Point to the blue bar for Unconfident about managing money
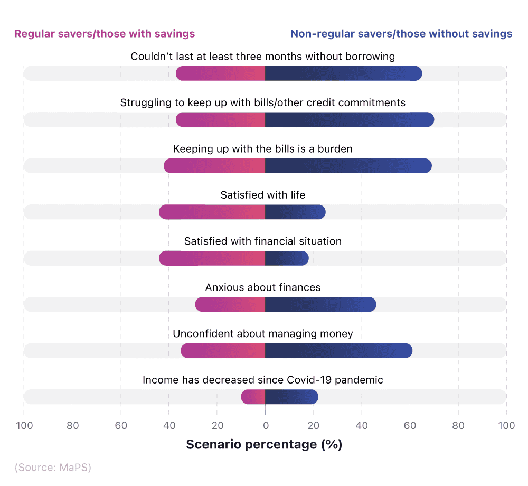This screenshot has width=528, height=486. click(338, 351)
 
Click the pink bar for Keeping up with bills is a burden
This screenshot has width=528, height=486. click(214, 166)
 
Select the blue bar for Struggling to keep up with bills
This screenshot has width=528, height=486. click(349, 120)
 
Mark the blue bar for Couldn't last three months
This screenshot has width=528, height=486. click(343, 73)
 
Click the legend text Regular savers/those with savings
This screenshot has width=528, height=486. click(105, 34)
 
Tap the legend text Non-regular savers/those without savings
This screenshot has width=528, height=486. click(401, 34)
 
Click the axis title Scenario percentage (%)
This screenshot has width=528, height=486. click(264, 445)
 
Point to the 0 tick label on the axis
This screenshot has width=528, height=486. click(265, 426)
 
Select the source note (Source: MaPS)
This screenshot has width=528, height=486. click(53, 468)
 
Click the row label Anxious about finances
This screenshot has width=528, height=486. click(263, 287)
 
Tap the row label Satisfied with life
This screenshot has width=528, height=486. click(263, 195)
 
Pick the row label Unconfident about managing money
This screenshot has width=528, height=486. click(263, 333)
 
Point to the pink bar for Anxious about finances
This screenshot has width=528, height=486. click(230, 304)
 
